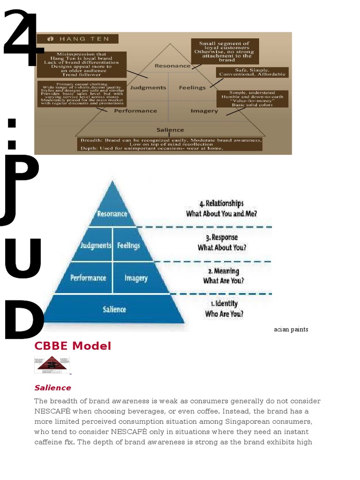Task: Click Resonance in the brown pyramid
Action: [172, 66]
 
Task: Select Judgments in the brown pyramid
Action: [148, 88]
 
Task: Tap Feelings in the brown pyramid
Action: [192, 88]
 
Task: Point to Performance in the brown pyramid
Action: [135, 111]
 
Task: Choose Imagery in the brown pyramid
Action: [204, 111]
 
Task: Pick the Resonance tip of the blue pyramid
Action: [112, 214]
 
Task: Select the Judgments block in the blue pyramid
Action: [96, 245]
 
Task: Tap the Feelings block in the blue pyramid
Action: [128, 245]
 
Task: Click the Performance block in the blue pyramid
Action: [88, 277]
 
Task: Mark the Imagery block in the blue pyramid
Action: [136, 278]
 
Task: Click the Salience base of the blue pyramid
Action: [114, 309]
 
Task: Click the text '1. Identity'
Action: [224, 304]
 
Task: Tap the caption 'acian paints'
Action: [291, 330]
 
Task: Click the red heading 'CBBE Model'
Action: [73, 346]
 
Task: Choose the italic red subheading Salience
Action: [52, 388]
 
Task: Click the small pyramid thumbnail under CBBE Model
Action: [52, 365]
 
